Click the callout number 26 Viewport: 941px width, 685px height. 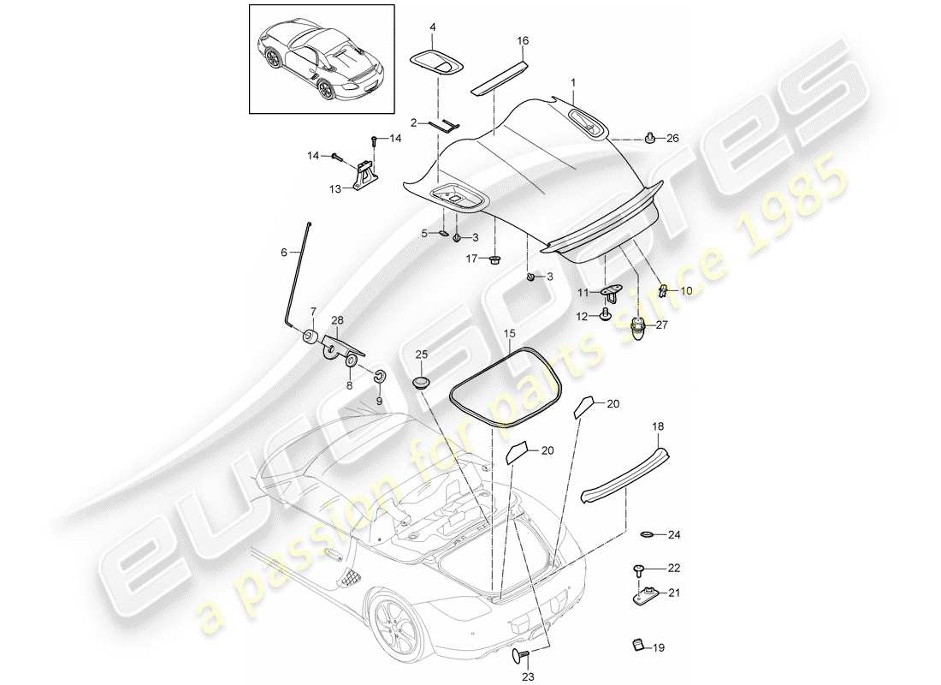tap(672, 138)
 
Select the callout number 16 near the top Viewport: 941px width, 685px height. tap(524, 40)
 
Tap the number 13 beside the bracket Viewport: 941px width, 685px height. tap(335, 188)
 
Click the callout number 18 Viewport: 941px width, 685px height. tap(659, 426)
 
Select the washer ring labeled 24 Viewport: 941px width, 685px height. tap(647, 536)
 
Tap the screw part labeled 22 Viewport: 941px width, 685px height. tap(638, 569)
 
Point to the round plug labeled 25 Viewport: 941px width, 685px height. tap(421, 380)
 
